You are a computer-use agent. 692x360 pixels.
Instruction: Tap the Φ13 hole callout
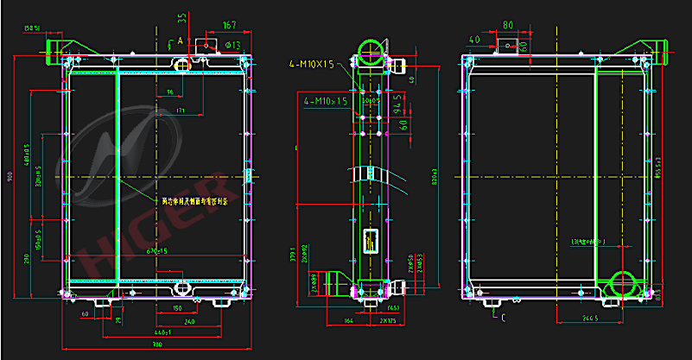click(x=232, y=45)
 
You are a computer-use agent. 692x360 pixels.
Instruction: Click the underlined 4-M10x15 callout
click(x=326, y=101)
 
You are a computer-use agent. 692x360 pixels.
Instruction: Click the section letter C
click(x=503, y=318)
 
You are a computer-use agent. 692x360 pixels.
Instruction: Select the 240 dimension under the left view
click(x=189, y=320)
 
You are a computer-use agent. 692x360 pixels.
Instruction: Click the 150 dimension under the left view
click(x=177, y=307)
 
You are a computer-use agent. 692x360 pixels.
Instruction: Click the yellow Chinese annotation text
click(x=195, y=200)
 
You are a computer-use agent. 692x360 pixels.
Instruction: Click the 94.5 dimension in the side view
click(x=397, y=104)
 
